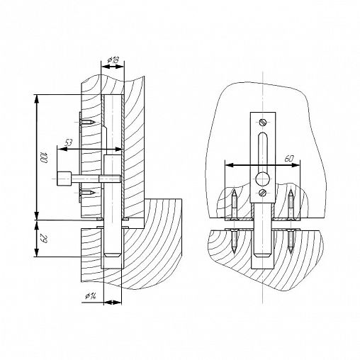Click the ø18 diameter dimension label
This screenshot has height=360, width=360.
tap(113, 60)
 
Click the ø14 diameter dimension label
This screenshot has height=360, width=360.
tap(91, 296)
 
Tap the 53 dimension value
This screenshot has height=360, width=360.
tap(68, 143)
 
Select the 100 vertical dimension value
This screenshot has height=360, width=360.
tap(44, 158)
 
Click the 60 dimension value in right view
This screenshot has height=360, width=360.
tap(288, 159)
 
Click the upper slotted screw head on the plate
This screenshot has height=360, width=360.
tap(263, 122)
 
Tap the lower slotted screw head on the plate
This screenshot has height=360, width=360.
tap(263, 193)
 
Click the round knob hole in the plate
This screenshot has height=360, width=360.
tap(263, 179)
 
